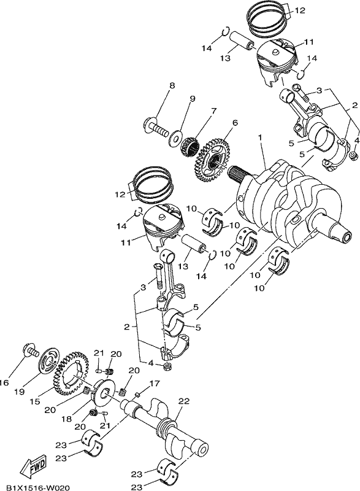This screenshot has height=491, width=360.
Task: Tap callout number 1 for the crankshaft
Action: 259,137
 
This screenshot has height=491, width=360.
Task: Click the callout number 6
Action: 235,123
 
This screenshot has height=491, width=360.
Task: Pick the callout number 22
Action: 184,401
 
